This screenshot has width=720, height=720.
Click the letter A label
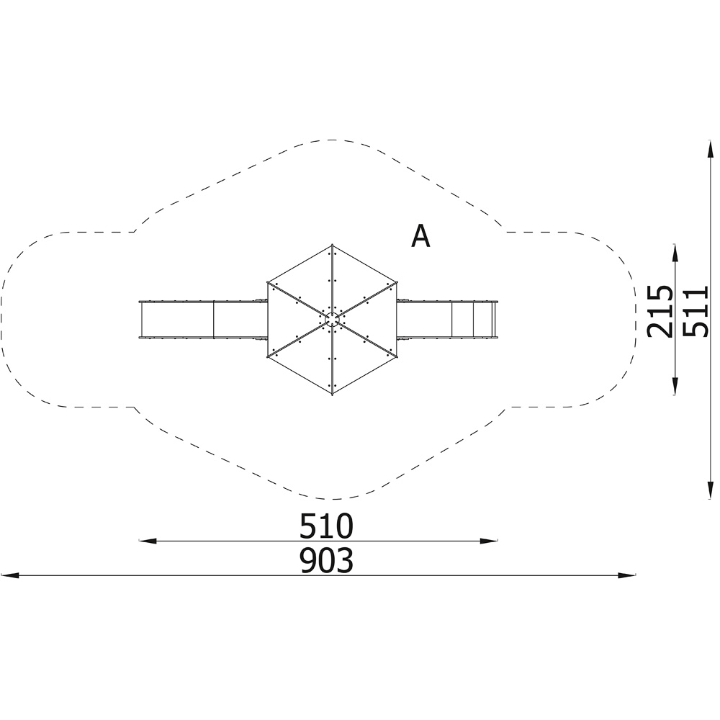[420, 236]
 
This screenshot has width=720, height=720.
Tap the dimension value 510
[326, 526]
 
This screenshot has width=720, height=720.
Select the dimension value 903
[326, 560]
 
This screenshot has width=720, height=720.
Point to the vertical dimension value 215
[660, 311]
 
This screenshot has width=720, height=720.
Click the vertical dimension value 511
[696, 311]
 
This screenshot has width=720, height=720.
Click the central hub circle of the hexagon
[332, 320]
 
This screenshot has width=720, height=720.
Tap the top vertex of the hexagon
[332, 246]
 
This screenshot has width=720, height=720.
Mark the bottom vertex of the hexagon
[332, 395]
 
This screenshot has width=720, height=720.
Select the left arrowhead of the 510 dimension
[148, 541]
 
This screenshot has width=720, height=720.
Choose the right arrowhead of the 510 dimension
[489, 541]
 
